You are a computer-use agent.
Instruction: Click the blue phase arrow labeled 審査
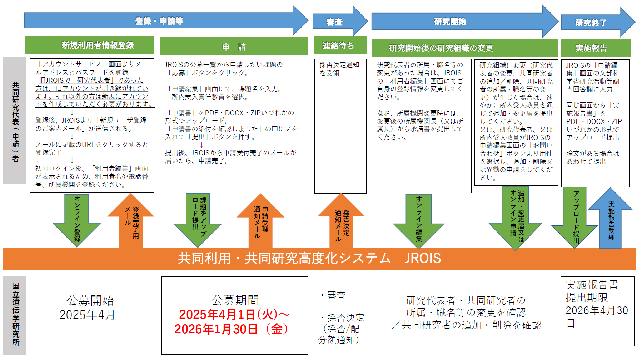coord(335,22)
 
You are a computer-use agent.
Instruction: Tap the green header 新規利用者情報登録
coord(89,45)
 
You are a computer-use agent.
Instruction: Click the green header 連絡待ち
coord(338,46)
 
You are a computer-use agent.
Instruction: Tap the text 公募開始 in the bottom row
coord(90,301)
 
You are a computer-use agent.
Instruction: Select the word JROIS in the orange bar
coord(423,258)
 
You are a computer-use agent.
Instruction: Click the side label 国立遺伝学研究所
coord(15,314)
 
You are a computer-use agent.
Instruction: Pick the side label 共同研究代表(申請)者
coord(15,121)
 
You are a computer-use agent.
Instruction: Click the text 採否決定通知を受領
coord(339,69)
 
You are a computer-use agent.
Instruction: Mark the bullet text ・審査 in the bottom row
coord(333,295)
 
